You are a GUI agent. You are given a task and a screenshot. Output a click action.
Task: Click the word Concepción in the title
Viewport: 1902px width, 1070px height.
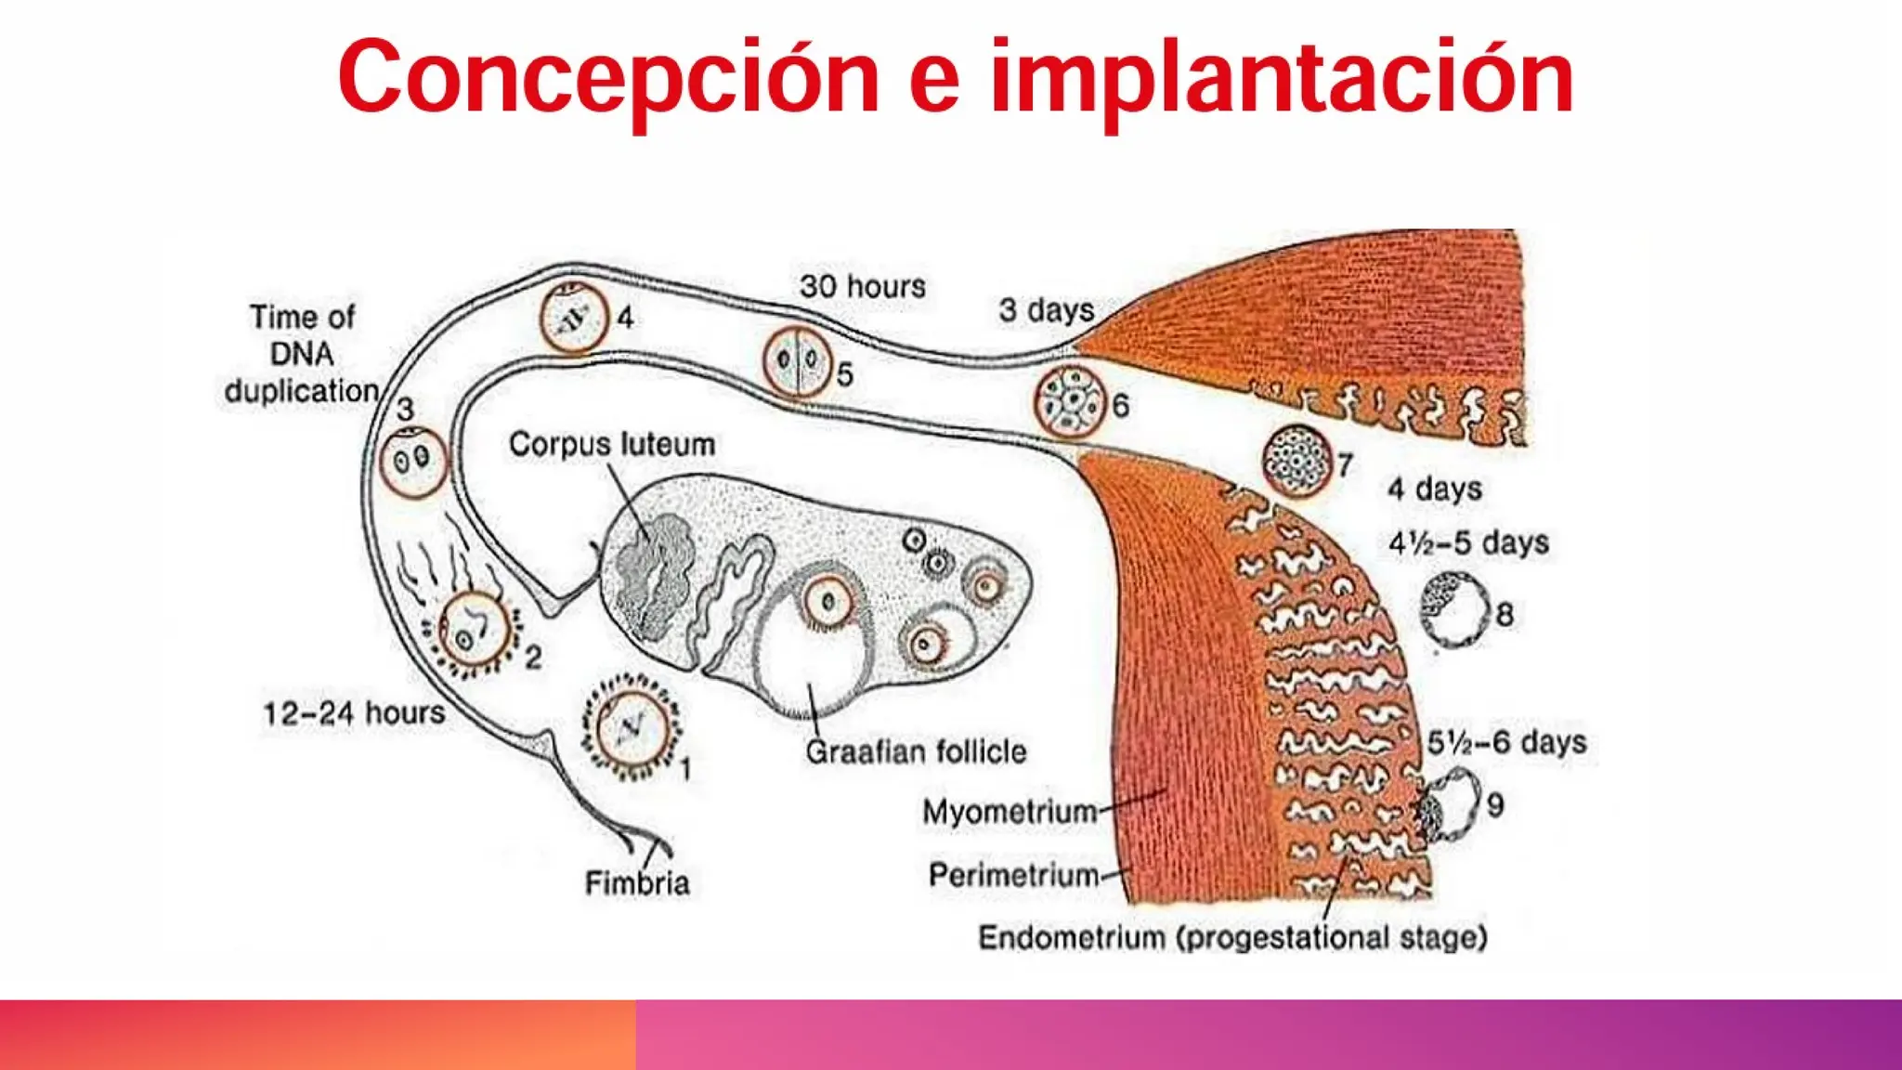tap(608, 78)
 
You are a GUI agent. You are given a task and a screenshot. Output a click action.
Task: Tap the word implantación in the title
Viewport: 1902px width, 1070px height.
tap(1281, 78)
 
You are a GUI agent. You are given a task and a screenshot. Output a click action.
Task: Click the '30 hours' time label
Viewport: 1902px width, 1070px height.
tap(863, 286)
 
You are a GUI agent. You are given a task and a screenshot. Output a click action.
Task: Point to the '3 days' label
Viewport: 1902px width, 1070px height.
tap(1047, 309)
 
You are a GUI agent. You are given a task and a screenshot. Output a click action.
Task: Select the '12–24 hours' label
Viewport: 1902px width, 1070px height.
tap(354, 713)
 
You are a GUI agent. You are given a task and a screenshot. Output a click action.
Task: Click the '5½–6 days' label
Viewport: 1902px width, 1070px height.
tap(1506, 742)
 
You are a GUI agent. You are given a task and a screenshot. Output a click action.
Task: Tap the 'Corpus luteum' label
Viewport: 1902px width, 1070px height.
tap(612, 444)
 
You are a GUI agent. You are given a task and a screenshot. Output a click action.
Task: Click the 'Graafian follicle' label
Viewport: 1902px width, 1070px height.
tap(916, 751)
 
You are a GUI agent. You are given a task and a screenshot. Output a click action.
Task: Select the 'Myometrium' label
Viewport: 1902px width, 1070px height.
tap(1010, 812)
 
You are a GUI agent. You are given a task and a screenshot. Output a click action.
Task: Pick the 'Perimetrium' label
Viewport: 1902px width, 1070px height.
tap(1013, 875)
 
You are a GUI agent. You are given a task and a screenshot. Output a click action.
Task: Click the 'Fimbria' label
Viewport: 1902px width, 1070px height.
tap(637, 882)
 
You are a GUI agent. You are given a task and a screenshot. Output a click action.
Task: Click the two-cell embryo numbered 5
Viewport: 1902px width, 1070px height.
tap(797, 361)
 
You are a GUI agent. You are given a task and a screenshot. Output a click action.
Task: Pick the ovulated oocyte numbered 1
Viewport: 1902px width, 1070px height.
tap(632, 727)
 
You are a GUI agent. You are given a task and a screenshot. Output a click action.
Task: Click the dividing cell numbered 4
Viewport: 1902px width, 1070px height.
tap(574, 319)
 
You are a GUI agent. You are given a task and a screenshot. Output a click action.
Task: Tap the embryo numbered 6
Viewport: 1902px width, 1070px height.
tap(1070, 401)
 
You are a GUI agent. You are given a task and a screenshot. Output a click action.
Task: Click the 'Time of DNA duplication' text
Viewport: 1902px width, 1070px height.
tap(302, 354)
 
